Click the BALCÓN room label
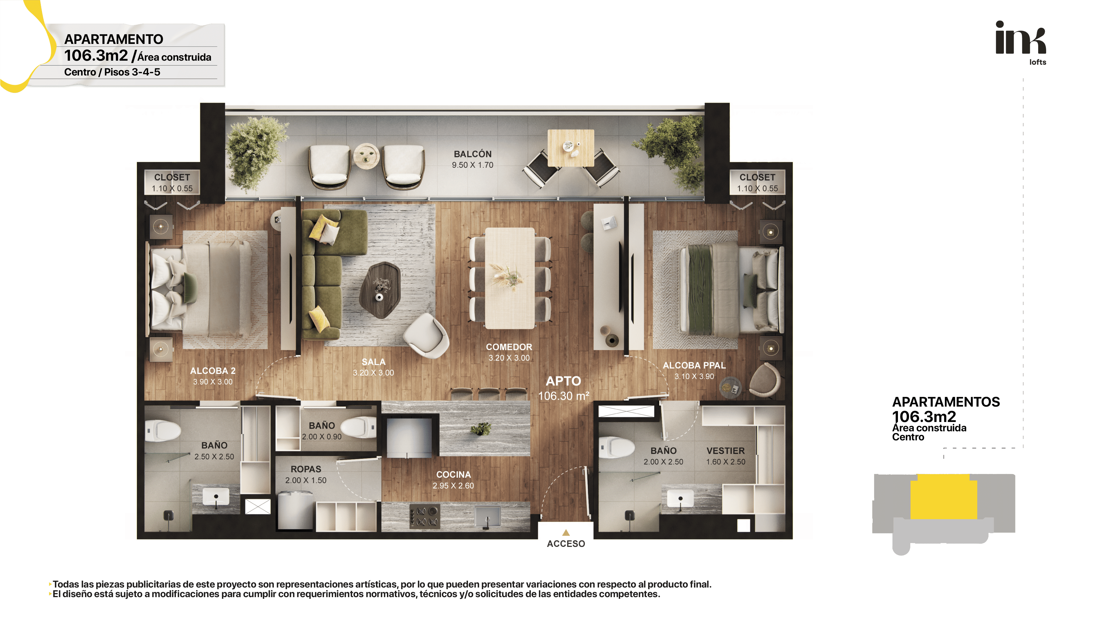point(472,154)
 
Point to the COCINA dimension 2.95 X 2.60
point(453,486)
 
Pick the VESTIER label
point(726,451)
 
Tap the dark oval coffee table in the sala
point(380,290)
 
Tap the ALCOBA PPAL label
point(694,365)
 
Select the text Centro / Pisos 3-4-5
point(112,72)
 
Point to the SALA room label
point(374,362)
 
